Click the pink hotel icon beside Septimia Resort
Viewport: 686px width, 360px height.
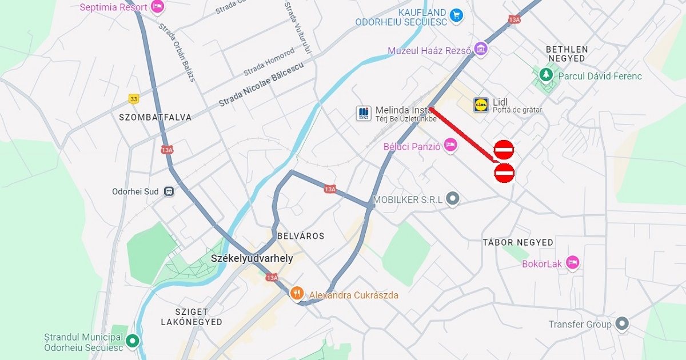pyautogui.click(x=158, y=7)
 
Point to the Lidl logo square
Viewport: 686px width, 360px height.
pyautogui.click(x=481, y=105)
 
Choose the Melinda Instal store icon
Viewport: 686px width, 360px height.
pyautogui.click(x=364, y=113)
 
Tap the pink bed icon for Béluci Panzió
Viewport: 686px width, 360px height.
pyautogui.click(x=450, y=145)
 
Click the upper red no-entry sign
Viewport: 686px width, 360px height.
pyautogui.click(x=504, y=150)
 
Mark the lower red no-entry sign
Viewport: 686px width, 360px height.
pyautogui.click(x=504, y=173)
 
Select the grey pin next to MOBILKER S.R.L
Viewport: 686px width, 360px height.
pyautogui.click(x=453, y=199)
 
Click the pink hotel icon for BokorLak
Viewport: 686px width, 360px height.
pyautogui.click(x=572, y=263)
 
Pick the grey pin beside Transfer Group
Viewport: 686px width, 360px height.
pyautogui.click(x=621, y=323)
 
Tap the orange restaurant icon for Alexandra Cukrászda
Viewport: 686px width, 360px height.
pyautogui.click(x=297, y=294)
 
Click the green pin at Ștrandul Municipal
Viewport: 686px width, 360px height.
pyautogui.click(x=133, y=341)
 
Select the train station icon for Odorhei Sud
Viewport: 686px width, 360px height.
pyautogui.click(x=169, y=191)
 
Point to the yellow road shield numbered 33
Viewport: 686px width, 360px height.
pyautogui.click(x=134, y=99)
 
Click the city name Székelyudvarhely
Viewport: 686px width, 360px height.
pyautogui.click(x=252, y=258)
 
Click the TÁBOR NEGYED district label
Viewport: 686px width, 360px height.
pyautogui.click(x=518, y=242)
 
